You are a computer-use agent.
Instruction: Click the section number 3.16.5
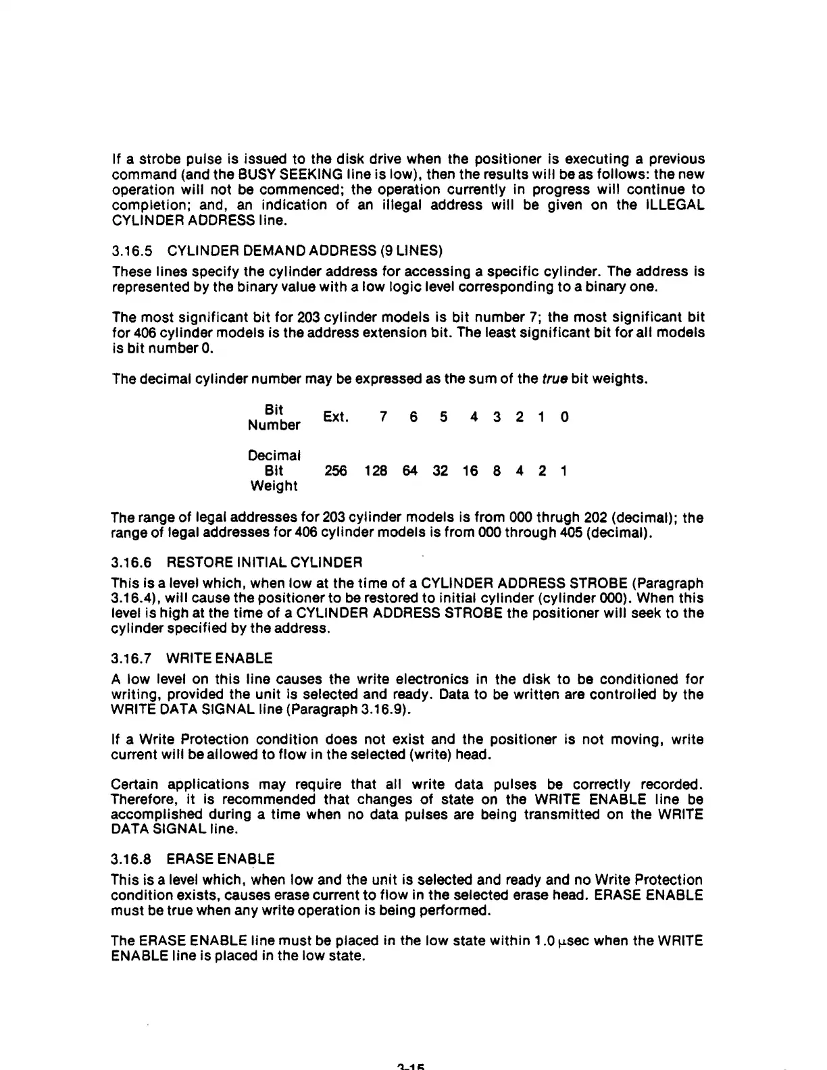131,251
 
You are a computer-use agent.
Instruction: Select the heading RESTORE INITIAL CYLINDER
264,562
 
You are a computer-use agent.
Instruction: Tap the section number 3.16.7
131,658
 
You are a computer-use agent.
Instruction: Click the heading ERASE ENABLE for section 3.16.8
220,859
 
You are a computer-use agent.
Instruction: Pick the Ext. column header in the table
336,417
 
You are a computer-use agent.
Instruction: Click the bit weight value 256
336,471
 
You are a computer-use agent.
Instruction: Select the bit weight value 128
376,471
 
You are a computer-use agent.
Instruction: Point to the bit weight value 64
410,471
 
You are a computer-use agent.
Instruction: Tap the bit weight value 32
440,471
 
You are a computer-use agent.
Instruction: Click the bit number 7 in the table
383,417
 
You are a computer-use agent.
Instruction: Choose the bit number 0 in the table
565,417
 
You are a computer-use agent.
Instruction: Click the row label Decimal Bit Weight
274,470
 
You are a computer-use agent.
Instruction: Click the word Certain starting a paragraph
135,784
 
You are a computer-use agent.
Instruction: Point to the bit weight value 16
470,471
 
